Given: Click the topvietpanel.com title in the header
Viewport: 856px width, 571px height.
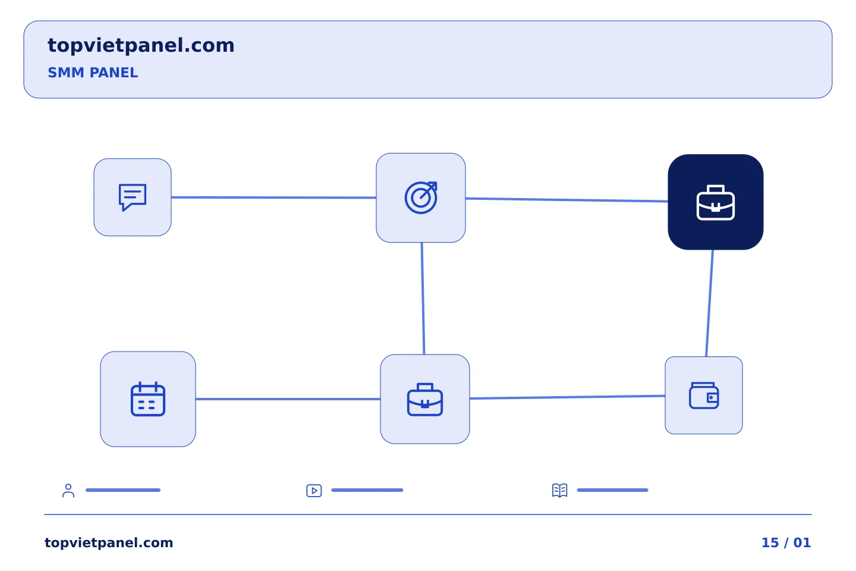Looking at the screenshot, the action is tap(141, 46).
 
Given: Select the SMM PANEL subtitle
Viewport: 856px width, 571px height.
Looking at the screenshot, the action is tap(93, 73).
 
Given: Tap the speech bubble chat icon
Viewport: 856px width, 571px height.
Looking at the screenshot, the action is tap(132, 197).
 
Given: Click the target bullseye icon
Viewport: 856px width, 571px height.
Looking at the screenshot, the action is tap(421, 197).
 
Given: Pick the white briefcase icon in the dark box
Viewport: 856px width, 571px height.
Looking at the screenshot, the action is tap(715, 203).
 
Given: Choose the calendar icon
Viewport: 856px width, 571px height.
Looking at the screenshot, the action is tap(148, 399).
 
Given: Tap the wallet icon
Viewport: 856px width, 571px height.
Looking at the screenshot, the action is tap(704, 396).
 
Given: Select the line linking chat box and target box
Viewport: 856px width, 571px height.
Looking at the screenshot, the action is tap(273, 197).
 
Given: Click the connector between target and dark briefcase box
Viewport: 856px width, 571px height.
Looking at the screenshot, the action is tap(567, 200).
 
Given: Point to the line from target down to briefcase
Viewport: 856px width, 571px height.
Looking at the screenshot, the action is tap(423, 299).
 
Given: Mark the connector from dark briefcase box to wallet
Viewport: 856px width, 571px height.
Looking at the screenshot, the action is tap(710, 303).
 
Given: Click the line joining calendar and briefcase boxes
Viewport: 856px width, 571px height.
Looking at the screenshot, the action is tap(288, 399).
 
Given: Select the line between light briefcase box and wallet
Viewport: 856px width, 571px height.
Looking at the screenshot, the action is tap(567, 397).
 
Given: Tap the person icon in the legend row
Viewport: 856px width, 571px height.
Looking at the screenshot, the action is tap(68, 490).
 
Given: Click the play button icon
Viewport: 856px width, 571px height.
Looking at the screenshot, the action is tap(314, 491).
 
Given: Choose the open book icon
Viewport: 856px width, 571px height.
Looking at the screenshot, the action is tap(560, 490).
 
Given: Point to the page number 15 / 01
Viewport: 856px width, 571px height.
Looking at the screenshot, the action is tap(786, 542).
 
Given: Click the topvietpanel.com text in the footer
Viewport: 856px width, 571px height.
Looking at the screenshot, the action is tap(109, 543).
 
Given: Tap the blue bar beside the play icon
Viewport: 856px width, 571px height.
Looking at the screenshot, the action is tap(367, 490).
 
